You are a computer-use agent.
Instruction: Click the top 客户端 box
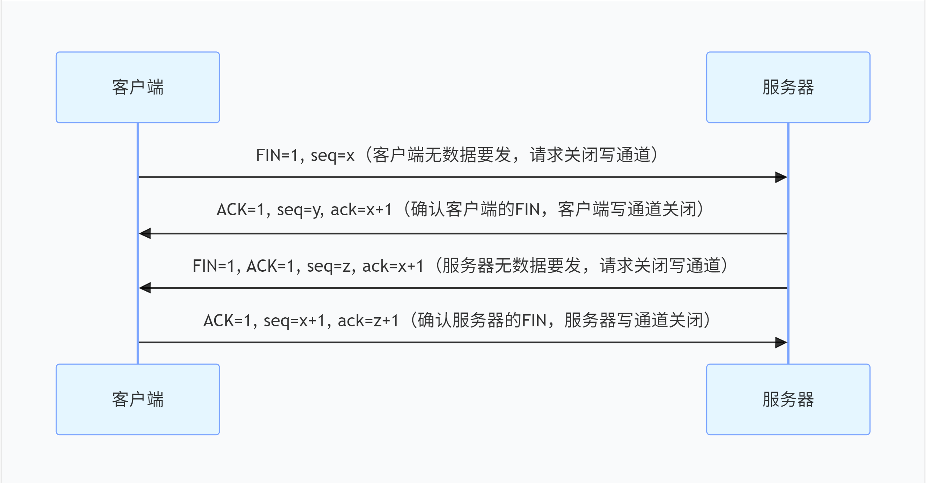tap(138, 87)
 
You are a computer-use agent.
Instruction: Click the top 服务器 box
tap(788, 87)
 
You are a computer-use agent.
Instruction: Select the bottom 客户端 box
tap(138, 399)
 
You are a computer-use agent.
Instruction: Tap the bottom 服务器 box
tap(788, 399)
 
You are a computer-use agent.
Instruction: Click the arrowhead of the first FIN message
tap(781, 177)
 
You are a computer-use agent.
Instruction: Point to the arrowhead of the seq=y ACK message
tap(145, 233)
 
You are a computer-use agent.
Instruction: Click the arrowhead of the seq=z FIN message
tap(145, 288)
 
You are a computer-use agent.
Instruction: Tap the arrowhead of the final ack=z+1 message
tap(781, 342)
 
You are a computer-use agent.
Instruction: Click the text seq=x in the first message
tap(332, 156)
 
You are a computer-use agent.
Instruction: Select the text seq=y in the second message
tap(300, 210)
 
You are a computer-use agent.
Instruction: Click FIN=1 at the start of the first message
tap(277, 156)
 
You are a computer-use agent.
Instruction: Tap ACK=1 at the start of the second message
tap(240, 210)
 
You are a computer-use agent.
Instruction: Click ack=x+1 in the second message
tap(361, 210)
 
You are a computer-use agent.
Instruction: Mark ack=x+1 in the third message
tap(393, 266)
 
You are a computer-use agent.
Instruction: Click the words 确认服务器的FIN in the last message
tap(481, 321)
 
